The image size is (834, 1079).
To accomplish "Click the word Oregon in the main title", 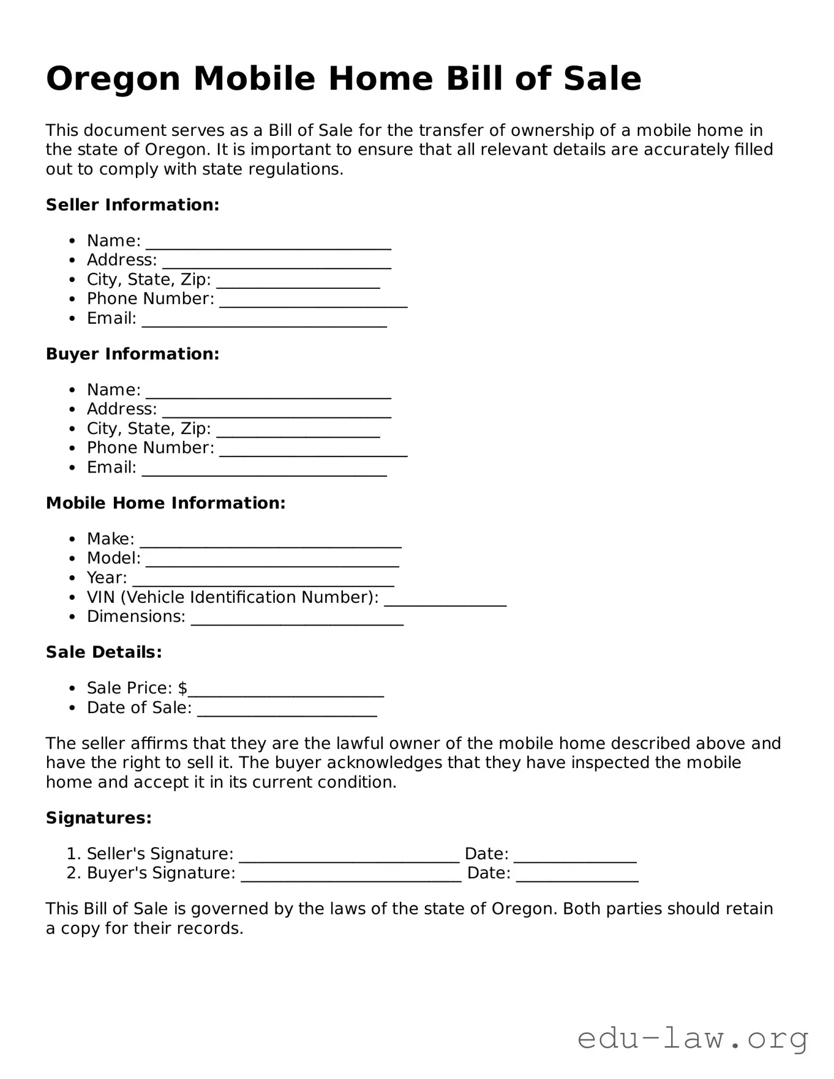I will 113,80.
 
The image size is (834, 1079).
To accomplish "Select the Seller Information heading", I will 132,205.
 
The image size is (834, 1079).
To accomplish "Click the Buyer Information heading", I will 132,354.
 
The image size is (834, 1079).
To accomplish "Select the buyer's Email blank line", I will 264,472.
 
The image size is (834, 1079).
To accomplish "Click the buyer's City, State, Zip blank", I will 298,434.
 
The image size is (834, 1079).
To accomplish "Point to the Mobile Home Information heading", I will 165,503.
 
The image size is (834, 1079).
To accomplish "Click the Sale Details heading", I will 103,652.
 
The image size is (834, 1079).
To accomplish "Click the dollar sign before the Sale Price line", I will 182,689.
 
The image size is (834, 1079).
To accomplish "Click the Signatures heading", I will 99,818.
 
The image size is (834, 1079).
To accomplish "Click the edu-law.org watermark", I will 693,1039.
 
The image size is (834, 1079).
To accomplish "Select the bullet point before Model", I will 73,559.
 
